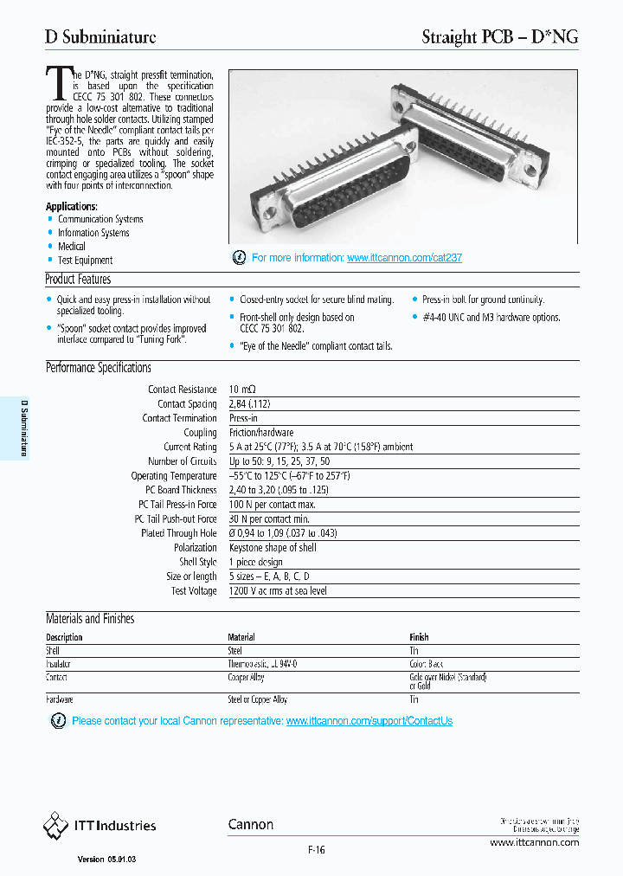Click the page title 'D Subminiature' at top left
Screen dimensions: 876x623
coord(100,36)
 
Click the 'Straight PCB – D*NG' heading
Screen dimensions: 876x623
coord(499,36)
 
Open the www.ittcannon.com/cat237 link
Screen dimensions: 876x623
coord(404,258)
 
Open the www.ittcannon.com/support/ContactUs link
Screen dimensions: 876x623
coord(369,721)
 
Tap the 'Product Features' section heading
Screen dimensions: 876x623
coord(78,280)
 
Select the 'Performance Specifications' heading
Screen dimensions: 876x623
coord(99,368)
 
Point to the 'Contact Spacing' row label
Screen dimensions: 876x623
coord(187,404)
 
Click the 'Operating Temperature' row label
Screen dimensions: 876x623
coord(174,476)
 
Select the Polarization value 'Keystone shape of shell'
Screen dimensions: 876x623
coord(273,548)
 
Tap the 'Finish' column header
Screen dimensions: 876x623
coord(419,637)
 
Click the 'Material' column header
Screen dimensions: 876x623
coord(241,637)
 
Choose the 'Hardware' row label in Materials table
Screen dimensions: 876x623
coord(59,699)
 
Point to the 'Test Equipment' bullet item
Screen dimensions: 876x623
coord(85,260)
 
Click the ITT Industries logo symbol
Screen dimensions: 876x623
coord(55,826)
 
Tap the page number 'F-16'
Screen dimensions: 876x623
coord(316,850)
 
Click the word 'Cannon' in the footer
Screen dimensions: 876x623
coord(251,825)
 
